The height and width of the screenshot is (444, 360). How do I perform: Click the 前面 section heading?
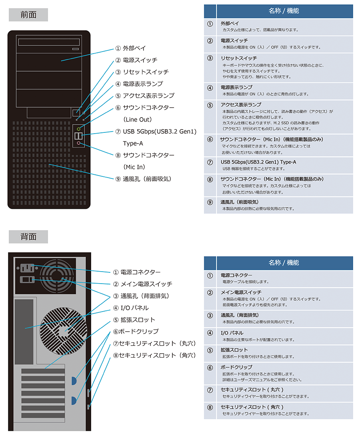(28, 15)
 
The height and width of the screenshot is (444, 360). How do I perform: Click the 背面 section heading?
(28, 237)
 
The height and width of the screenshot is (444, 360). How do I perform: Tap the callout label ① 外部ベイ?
(130, 48)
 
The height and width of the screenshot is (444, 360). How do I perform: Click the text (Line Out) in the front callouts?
(138, 120)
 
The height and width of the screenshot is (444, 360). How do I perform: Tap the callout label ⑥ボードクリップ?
(136, 332)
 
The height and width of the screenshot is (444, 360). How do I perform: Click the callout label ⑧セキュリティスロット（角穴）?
(154, 355)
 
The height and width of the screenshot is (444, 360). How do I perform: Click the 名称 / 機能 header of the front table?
(284, 11)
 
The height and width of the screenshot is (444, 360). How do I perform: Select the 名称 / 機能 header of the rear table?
(284, 263)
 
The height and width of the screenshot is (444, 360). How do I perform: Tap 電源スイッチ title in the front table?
(234, 40)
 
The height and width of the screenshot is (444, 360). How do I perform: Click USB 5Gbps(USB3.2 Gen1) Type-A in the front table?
(258, 162)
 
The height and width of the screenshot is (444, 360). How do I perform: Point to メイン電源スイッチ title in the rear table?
(241, 292)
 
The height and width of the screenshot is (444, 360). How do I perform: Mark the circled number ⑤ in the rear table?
(210, 350)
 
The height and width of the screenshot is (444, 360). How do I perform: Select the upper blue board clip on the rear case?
(74, 381)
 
